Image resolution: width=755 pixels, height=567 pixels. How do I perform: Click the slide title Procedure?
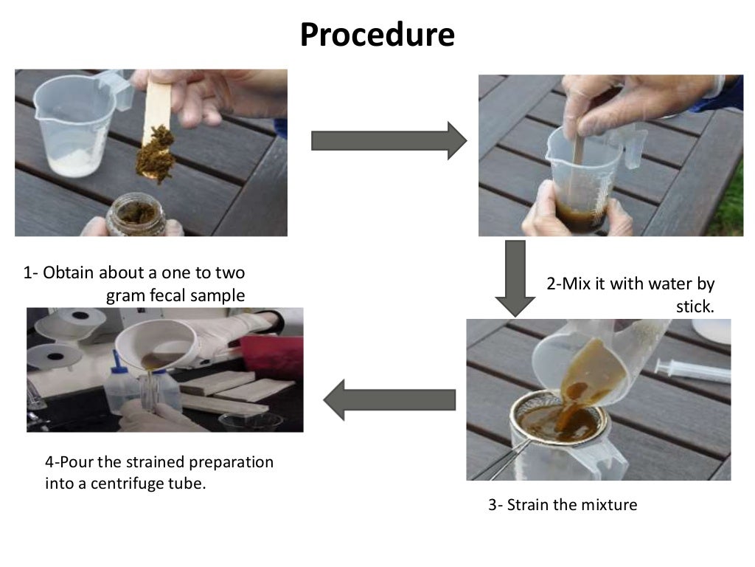[377, 35]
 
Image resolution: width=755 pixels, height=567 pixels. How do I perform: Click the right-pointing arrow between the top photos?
[389, 140]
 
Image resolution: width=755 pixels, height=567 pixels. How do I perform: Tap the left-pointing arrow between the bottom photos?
[389, 400]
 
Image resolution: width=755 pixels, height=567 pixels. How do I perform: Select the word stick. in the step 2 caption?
[695, 306]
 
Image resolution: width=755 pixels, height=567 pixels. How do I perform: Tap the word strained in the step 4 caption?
[157, 463]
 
